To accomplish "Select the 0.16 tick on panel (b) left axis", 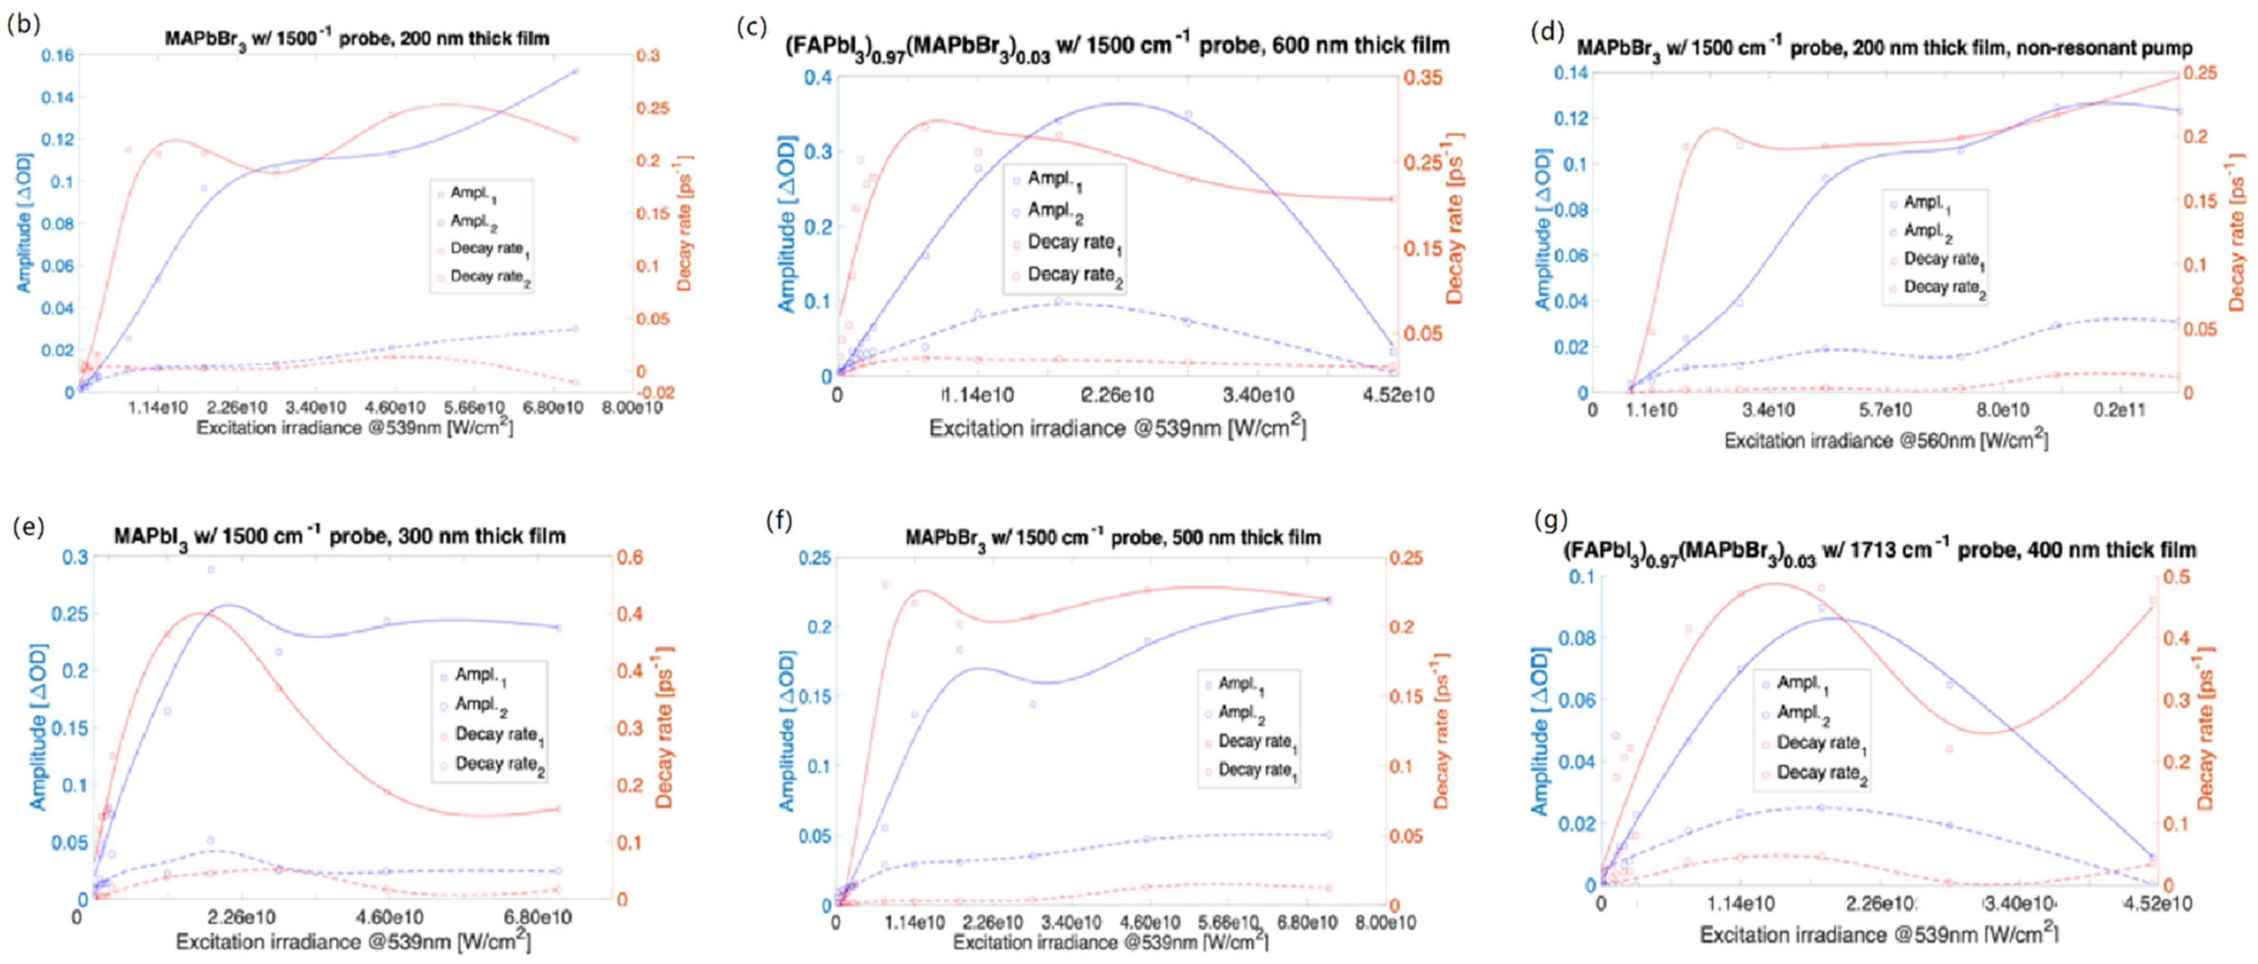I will coord(58,55).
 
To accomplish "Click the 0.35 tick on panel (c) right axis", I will coord(1423,77).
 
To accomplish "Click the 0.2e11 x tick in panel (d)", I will coord(2120,410).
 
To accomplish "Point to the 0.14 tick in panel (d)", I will coord(1571,73).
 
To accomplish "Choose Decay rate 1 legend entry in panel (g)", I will coord(1819,743).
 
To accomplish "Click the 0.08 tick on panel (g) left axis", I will coord(1578,638).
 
